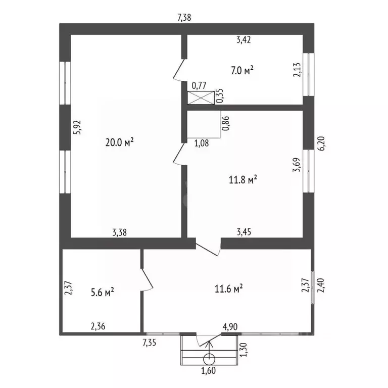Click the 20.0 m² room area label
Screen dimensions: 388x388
[x=120, y=142]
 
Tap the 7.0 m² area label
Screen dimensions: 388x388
[x=242, y=70]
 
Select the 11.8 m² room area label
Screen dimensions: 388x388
[x=243, y=179]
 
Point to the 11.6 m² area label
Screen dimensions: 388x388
[x=228, y=288]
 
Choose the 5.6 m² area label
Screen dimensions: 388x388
[x=103, y=292]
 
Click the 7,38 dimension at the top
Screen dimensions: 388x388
[x=184, y=18]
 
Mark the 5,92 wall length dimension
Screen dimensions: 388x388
[x=78, y=127]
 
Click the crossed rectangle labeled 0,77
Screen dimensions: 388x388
[x=201, y=98]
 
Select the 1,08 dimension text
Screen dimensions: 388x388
[x=202, y=143]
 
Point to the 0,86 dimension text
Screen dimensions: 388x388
[x=226, y=123]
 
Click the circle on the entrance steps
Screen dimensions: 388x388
[x=209, y=359]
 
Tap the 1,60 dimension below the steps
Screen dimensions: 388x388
[x=208, y=370]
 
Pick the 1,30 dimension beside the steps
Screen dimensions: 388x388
[x=244, y=350]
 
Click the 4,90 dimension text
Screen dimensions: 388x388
[x=230, y=327]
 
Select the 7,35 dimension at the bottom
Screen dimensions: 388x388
[x=149, y=343]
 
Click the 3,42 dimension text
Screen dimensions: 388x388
[x=244, y=39]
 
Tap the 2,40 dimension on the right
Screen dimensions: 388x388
[x=321, y=285]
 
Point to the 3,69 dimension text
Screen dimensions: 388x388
[x=297, y=165]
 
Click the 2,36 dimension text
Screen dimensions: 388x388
[x=98, y=326]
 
